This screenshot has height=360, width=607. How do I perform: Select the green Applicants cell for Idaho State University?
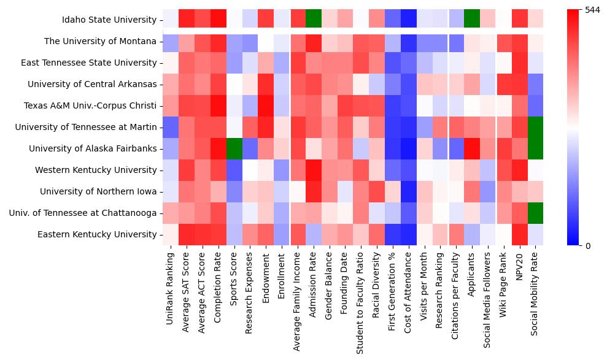(472, 20)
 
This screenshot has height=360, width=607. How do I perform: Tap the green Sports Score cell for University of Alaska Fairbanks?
(234, 148)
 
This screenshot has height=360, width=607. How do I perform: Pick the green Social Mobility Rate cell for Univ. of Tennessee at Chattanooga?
(535, 213)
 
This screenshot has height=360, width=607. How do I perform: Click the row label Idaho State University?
(109, 20)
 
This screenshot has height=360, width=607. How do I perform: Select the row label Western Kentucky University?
(96, 170)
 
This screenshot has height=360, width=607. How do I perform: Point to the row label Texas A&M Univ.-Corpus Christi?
(90, 105)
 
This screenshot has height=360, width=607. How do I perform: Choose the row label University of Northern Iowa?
(98, 191)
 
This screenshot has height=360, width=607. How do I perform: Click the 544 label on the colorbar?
(592, 10)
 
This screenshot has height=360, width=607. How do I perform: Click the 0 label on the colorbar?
(588, 245)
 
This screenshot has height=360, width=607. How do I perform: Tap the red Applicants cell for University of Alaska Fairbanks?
(472, 148)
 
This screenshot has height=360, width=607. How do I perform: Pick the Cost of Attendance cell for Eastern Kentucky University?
(408, 234)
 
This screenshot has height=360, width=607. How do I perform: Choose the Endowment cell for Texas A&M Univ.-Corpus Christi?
(266, 105)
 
